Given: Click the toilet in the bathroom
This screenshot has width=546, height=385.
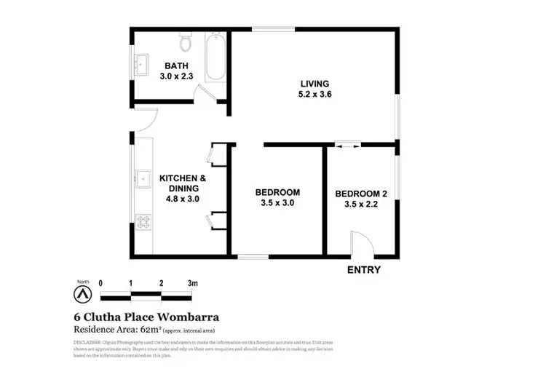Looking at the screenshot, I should [x=186, y=44].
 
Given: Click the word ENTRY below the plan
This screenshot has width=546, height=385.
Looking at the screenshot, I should [x=363, y=270].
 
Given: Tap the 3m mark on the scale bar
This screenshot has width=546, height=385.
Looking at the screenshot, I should [x=192, y=282].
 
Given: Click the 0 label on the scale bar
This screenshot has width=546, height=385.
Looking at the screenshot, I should [x=100, y=282].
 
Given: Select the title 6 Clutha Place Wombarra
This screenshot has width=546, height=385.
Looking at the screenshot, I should [x=146, y=317].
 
